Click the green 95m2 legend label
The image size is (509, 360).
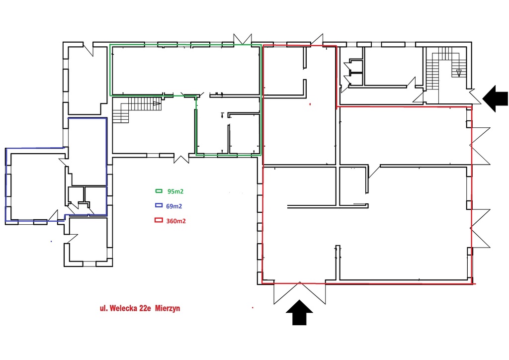click(175, 191)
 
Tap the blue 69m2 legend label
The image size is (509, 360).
click(173, 206)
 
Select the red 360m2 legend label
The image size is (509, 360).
click(176, 221)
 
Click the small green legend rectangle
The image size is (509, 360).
click(159, 191)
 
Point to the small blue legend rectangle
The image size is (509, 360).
click(159, 205)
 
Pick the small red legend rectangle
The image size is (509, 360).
click(159, 220)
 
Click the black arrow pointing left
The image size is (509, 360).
click(495, 98)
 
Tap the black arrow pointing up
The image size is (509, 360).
click(299, 312)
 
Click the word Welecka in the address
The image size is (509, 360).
click(123, 308)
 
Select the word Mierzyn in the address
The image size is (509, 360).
click(168, 308)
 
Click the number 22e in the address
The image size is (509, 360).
click(145, 308)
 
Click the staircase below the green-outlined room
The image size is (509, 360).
click(136, 110)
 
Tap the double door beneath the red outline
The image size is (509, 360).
click(300, 293)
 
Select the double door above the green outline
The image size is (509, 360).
click(243, 38)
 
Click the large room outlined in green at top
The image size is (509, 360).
click(185, 70)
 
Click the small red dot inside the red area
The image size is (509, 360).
click(310, 104)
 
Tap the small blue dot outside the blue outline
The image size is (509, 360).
click(51, 241)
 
